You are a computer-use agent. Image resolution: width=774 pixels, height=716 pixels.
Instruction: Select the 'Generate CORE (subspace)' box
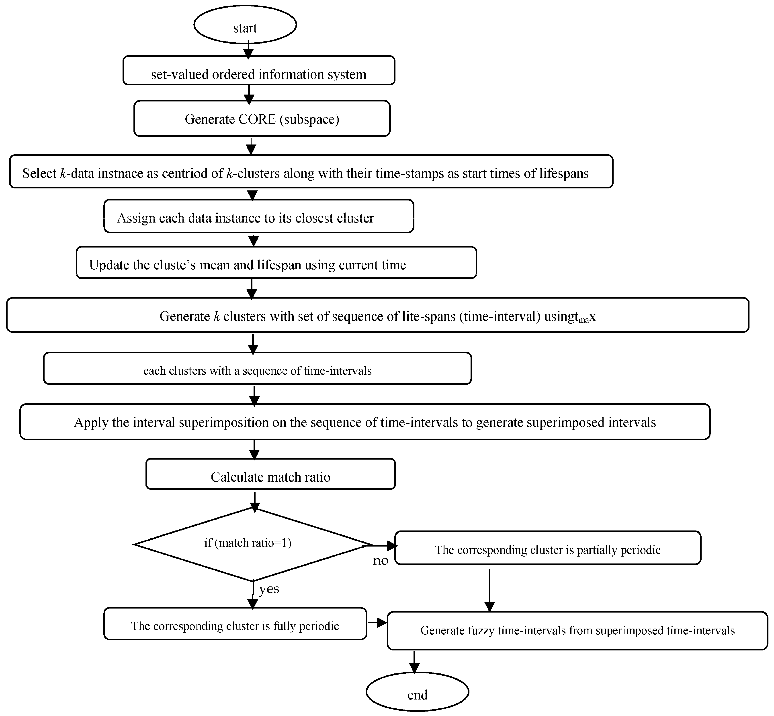click(x=262, y=119)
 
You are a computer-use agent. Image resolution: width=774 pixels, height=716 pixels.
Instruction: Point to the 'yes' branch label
click(x=269, y=589)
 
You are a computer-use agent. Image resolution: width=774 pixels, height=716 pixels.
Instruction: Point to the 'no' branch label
click(x=380, y=561)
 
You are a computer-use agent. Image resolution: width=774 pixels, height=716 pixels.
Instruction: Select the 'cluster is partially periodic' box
click(x=547, y=548)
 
